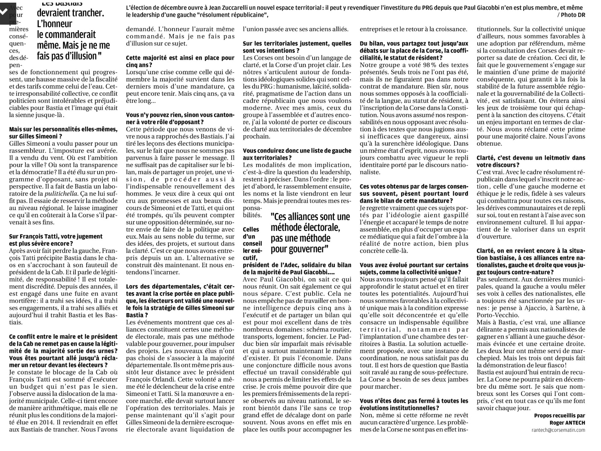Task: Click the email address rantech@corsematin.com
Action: (x=558, y=430)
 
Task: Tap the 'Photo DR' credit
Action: (x=573, y=15)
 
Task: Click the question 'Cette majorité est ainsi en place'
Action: (x=180, y=61)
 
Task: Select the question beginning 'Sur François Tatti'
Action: (x=56, y=240)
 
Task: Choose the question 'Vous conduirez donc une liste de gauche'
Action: (x=297, y=154)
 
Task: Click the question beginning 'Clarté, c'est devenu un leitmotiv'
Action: (x=531, y=161)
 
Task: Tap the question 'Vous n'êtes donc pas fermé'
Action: (x=414, y=404)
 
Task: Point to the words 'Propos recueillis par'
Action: (x=559, y=415)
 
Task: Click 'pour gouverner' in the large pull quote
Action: (x=299, y=249)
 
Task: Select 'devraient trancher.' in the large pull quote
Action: (x=70, y=13)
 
